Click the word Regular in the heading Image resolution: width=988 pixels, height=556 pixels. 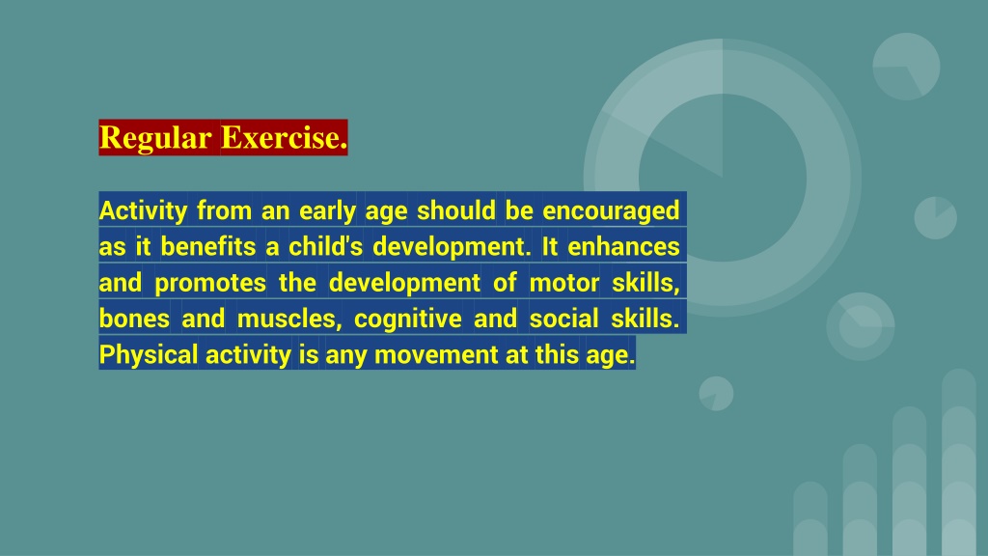click(x=155, y=138)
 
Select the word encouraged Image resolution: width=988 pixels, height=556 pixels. click(x=611, y=211)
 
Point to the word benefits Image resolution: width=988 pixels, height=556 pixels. click(x=208, y=246)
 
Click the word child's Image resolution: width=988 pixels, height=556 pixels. click(x=326, y=246)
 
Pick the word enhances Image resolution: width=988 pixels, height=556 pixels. click(x=623, y=246)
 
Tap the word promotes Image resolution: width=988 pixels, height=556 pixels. click(x=210, y=283)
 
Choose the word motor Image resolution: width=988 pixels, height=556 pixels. click(x=563, y=283)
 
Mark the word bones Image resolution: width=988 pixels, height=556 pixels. click(x=134, y=319)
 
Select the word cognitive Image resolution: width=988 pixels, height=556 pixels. click(x=408, y=319)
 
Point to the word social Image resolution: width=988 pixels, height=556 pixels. click(x=563, y=319)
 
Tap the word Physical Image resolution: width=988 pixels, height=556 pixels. click(x=149, y=355)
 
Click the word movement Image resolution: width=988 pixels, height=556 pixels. click(x=436, y=355)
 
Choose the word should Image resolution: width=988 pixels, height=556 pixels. click(x=456, y=210)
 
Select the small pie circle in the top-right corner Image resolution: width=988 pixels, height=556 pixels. click(x=906, y=67)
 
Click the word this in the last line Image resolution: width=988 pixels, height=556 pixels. click(x=557, y=354)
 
